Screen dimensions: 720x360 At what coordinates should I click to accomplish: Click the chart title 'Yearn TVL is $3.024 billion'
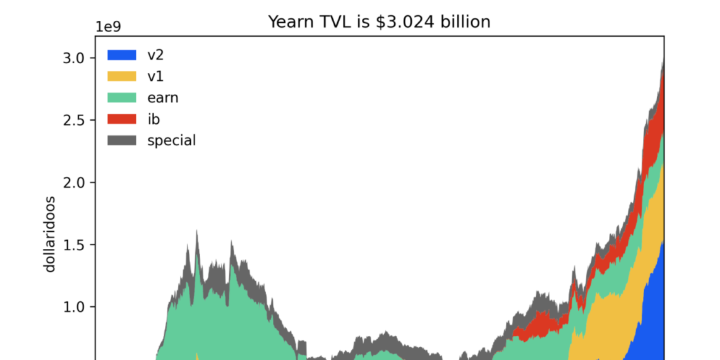point(379,21)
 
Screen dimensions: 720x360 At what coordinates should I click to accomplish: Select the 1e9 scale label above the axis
point(108,27)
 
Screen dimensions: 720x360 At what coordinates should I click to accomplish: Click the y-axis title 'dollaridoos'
point(50,234)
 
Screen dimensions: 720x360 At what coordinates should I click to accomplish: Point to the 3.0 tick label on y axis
point(73,58)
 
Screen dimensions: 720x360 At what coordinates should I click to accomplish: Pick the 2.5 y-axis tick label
point(73,120)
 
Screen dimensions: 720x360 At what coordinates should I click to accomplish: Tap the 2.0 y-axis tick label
point(73,183)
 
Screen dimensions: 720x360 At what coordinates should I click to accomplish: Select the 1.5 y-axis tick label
point(73,245)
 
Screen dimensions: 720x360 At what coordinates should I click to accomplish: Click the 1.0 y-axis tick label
point(73,307)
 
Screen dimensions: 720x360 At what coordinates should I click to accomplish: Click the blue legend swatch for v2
point(122,55)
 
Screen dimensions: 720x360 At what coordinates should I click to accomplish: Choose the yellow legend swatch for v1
point(122,76)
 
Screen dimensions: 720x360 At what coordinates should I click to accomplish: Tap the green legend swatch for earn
point(122,98)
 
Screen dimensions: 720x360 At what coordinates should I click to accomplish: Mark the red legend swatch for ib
point(122,119)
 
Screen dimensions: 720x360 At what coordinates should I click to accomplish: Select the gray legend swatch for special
point(122,140)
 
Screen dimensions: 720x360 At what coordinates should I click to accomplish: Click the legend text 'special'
point(172,141)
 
